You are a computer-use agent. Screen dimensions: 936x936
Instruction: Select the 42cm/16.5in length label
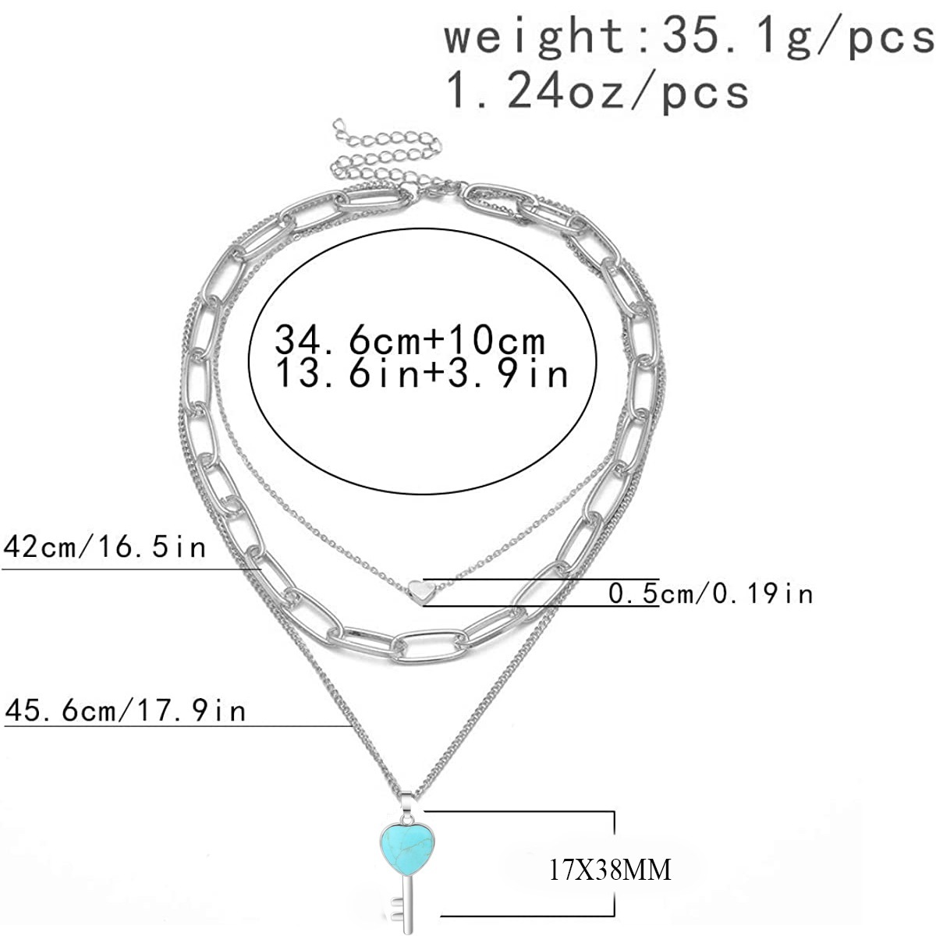pos(105,548)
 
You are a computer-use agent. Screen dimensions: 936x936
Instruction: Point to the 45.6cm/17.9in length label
pos(125,711)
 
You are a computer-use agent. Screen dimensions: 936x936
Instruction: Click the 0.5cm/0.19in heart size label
pos(711,593)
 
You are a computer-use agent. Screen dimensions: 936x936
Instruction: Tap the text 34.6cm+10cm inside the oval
pos(410,339)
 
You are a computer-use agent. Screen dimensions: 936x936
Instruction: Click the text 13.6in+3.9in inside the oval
pos(422,374)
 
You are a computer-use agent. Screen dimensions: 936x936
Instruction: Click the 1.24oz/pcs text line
pos(597,93)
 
